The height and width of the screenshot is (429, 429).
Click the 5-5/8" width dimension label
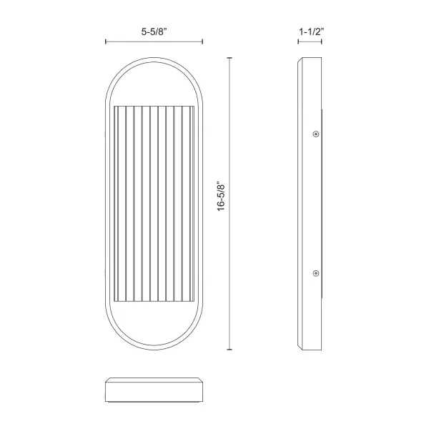[x=154, y=32]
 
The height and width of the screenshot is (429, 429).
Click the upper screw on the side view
[x=315, y=133]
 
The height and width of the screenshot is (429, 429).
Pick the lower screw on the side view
[x=315, y=272]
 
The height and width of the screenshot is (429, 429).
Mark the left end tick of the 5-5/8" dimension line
[x=106, y=43]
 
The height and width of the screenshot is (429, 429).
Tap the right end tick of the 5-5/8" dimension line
[x=203, y=43]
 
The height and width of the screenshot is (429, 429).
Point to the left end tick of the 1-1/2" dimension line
[x=297, y=43]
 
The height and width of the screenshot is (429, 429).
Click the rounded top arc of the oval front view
[x=154, y=61]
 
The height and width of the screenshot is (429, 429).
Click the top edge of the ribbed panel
[x=154, y=106]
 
